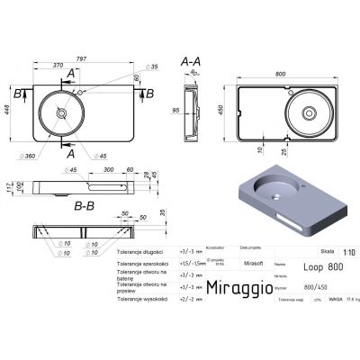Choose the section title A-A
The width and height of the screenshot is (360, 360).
coord(190,61)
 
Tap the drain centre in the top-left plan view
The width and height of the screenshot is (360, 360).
coord(62,113)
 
